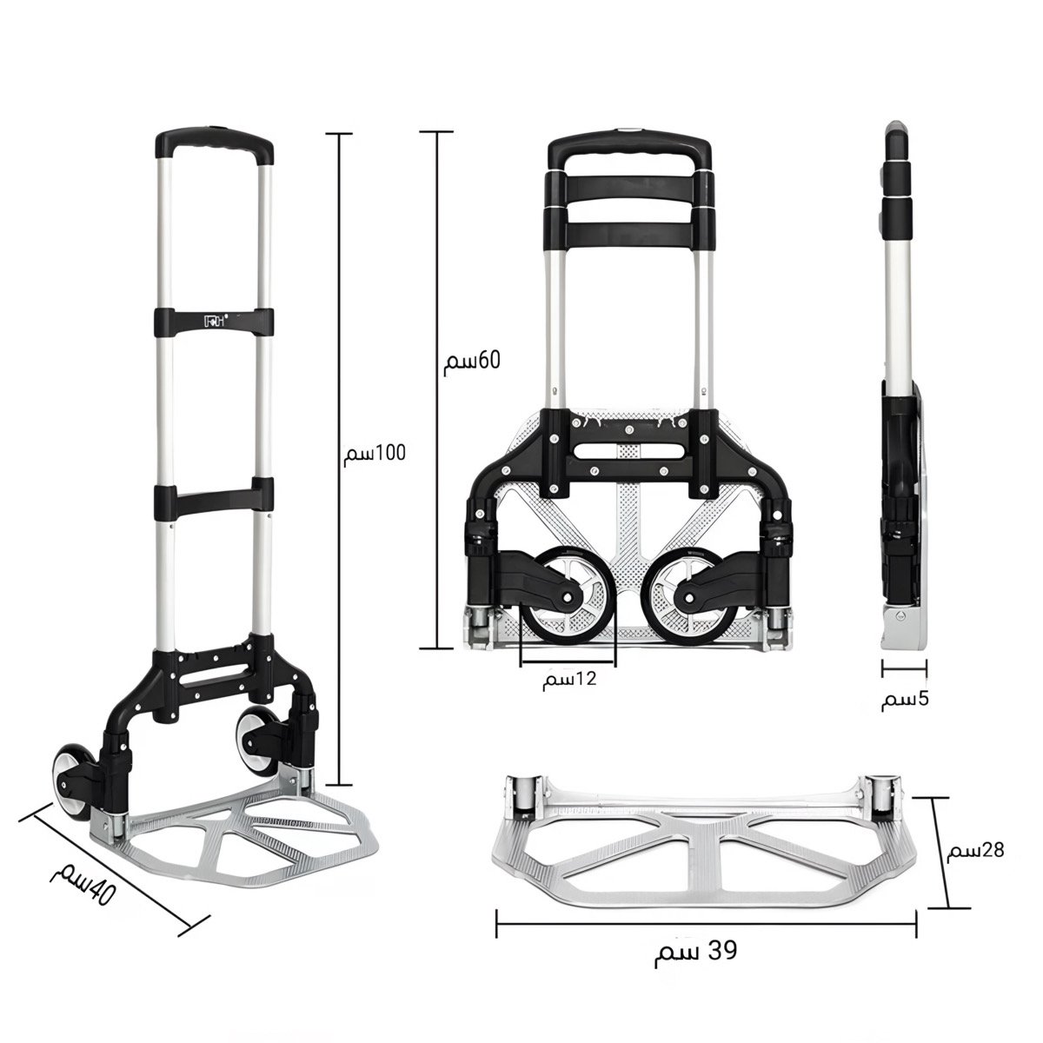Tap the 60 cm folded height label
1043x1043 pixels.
(472, 361)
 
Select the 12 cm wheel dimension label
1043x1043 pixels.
(569, 680)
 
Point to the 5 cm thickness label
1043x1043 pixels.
(905, 700)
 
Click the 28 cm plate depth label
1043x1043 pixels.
(975, 850)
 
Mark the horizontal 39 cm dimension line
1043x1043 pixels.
(707, 924)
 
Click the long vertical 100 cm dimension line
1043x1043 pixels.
(339, 459)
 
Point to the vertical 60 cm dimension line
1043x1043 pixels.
(436, 389)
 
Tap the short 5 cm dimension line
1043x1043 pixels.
(904, 668)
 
